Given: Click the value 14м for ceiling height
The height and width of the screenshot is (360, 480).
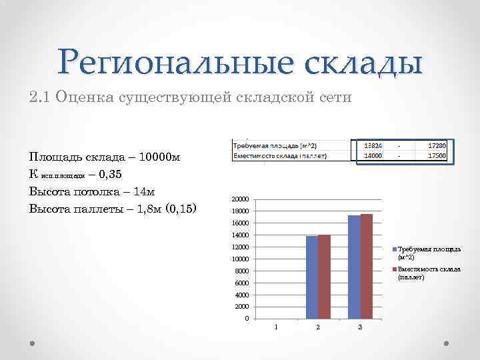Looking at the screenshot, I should point(141,191).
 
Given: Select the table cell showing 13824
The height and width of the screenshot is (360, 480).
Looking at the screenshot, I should point(371,145).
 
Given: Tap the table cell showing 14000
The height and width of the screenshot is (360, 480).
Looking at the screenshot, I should point(371,156).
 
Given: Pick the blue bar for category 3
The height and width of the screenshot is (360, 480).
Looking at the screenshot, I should point(354,267).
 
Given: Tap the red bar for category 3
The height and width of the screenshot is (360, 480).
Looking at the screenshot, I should point(366,266).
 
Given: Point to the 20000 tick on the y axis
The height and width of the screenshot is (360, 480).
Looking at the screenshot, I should point(241,199).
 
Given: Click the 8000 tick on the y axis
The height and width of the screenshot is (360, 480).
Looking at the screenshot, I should point(242,271).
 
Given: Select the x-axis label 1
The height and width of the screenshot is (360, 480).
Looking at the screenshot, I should point(276,326).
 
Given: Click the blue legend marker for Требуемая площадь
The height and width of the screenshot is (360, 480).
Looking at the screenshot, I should point(394,250).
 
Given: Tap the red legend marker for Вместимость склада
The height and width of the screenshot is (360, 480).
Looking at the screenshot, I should point(394,269).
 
